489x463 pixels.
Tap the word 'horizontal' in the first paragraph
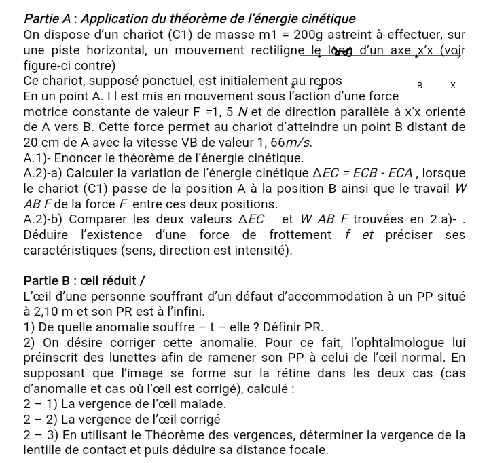pos(113,51)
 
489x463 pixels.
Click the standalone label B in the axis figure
pos(420,86)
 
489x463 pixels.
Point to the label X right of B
pos(453,86)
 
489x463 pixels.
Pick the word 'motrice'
pos(46,112)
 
